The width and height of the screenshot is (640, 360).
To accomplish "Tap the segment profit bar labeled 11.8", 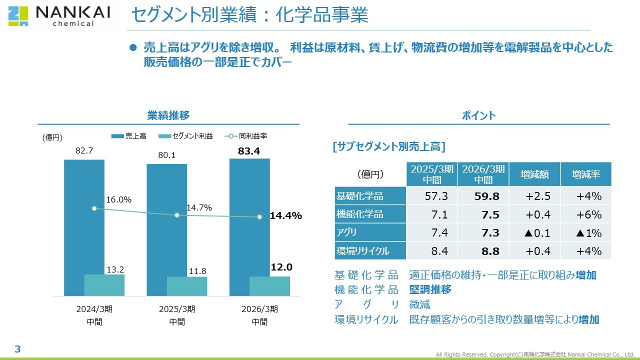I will pyautogui.click(x=187, y=286).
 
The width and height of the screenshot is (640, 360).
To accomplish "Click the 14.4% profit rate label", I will pyautogui.click(x=286, y=216).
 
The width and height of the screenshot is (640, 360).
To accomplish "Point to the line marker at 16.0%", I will pyautogui.click(x=94, y=208).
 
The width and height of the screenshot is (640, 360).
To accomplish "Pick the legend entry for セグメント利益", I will pyautogui.click(x=185, y=136).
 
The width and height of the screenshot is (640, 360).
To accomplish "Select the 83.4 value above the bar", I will pyautogui.click(x=249, y=151).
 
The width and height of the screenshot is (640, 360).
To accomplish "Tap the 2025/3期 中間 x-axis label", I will pyautogui.click(x=177, y=315).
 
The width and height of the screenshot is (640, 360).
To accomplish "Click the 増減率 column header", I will pyautogui.click(x=585, y=174).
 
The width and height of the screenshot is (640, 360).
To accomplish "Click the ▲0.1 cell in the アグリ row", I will pyautogui.click(x=534, y=232).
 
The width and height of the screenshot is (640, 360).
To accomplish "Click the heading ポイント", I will pyautogui.click(x=478, y=115).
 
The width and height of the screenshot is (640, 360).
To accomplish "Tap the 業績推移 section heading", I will pyautogui.click(x=168, y=115).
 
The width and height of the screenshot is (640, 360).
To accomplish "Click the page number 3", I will pyautogui.click(x=17, y=349).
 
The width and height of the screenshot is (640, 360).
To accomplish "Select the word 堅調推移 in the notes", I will pyautogui.click(x=430, y=289).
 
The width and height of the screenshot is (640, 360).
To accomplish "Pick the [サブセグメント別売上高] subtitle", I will pyautogui.click(x=388, y=146).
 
